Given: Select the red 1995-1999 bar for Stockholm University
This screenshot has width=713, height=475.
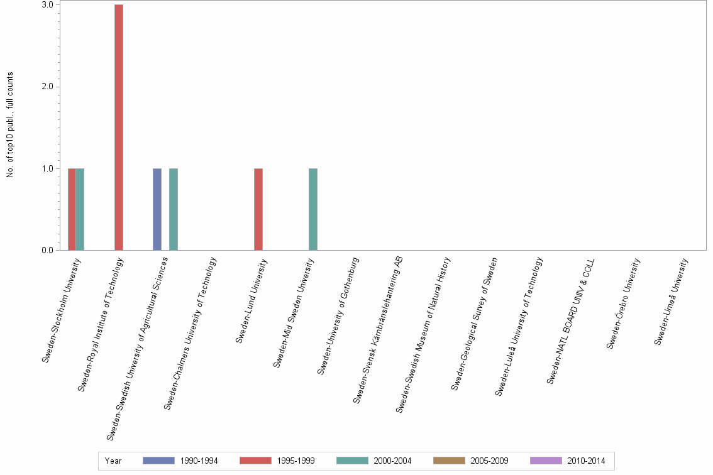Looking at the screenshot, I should tap(72, 209).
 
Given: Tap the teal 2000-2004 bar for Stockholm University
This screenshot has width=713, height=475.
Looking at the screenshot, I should tap(80, 209).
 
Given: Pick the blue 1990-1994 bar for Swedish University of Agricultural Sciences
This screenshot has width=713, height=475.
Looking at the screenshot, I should tap(157, 209).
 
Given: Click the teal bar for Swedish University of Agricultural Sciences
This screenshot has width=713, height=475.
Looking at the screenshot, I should tap(174, 209).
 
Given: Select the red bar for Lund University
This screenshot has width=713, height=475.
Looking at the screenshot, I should tap(258, 209).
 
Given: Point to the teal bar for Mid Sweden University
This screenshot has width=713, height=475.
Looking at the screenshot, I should tap(313, 209).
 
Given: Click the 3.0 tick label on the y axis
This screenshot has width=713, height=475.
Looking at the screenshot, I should tap(48, 5).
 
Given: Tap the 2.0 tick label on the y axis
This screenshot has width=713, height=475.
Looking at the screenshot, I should tap(48, 87).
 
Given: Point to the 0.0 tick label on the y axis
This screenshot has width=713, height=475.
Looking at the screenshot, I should tap(48, 251).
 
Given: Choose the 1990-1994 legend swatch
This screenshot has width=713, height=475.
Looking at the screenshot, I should tap(158, 461).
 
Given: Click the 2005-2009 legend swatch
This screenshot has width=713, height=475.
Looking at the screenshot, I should tap(449, 461).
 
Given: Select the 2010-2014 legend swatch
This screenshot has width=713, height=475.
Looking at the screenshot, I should tap(546, 461).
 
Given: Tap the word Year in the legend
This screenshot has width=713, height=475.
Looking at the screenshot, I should tap(113, 461).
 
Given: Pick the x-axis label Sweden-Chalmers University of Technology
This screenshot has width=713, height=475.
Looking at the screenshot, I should tap(191, 333).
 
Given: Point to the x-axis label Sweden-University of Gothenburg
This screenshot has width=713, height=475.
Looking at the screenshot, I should tap(338, 315).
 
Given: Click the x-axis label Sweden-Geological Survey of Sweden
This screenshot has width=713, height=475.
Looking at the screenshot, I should tap(475, 323).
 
